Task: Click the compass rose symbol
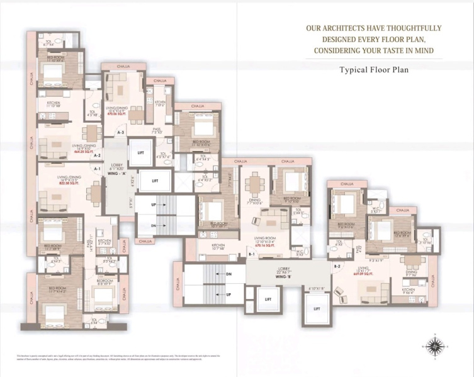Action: point(433,345)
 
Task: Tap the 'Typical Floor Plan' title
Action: point(374,70)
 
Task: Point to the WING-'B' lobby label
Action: point(286,275)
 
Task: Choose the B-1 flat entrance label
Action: point(251,254)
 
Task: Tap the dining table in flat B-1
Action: point(255,184)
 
